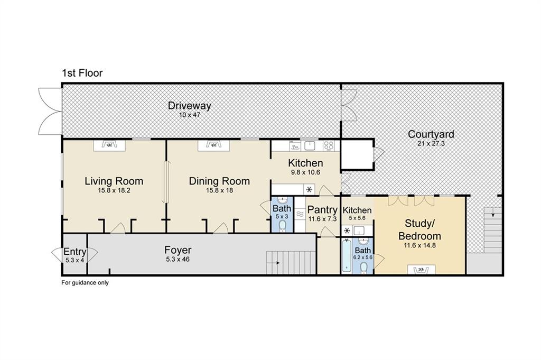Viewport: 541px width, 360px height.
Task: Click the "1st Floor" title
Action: (82, 73)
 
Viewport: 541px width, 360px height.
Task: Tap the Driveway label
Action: (190, 106)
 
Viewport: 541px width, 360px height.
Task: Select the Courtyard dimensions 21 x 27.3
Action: (431, 144)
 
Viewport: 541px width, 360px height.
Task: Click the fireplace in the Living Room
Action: (109, 145)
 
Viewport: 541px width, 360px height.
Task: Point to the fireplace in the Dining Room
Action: (213, 145)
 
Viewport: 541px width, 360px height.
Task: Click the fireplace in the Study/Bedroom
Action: (421, 270)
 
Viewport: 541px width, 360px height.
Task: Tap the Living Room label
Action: (114, 181)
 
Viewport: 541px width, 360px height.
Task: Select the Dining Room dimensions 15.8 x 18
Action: (219, 190)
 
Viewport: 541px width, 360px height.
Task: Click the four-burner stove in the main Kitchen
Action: (329, 146)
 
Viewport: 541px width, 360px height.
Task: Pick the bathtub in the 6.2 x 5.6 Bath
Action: (347, 256)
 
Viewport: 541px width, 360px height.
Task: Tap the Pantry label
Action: (322, 210)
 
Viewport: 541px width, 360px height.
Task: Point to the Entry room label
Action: (75, 252)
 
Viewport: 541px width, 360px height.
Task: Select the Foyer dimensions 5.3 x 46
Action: (178, 260)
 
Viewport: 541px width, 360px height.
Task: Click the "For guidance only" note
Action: (85, 283)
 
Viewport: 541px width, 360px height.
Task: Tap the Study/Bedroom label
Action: (420, 230)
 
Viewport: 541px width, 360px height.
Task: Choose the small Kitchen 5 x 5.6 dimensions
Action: (357, 218)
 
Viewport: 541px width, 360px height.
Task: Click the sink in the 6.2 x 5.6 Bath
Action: (363, 241)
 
